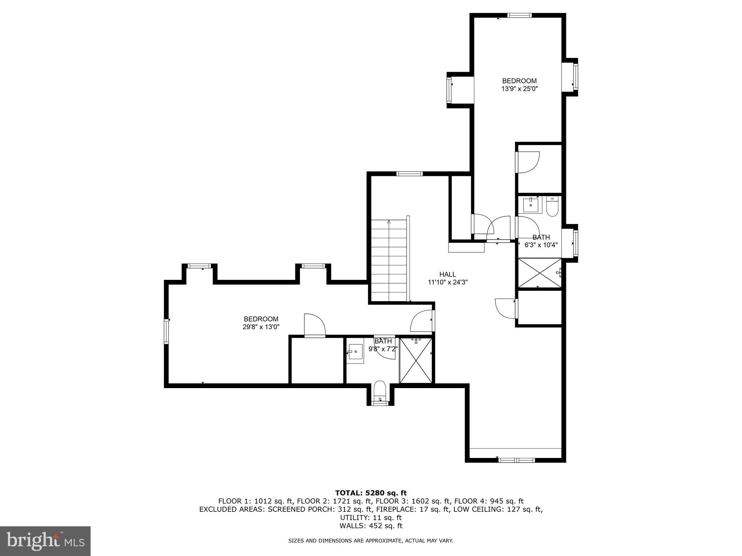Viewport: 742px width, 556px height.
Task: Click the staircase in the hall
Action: [389, 261]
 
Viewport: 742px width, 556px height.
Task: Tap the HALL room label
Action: [447, 275]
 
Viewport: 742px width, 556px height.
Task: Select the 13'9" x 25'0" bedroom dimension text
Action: [519, 89]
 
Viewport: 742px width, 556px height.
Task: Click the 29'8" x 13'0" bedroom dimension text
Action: [261, 327]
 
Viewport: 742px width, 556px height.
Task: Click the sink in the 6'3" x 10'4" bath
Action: [532, 205]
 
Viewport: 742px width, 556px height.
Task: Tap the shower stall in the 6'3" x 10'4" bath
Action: [539, 273]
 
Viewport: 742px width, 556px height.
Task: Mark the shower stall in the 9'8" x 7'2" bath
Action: [416, 360]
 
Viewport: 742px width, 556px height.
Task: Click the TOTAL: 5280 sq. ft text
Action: [371, 493]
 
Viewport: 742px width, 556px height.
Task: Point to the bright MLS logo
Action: [45, 541]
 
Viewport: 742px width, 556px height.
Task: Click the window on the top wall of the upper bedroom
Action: [519, 15]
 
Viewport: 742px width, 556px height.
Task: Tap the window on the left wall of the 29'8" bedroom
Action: [167, 331]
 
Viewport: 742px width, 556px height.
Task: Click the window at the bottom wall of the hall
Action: [516, 460]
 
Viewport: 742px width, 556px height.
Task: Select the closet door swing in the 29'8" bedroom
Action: [314, 325]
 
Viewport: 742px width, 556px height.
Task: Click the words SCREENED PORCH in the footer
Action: [299, 509]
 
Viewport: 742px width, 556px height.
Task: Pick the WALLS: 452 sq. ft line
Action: [371, 526]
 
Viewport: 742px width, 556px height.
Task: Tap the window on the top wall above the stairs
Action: [409, 174]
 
